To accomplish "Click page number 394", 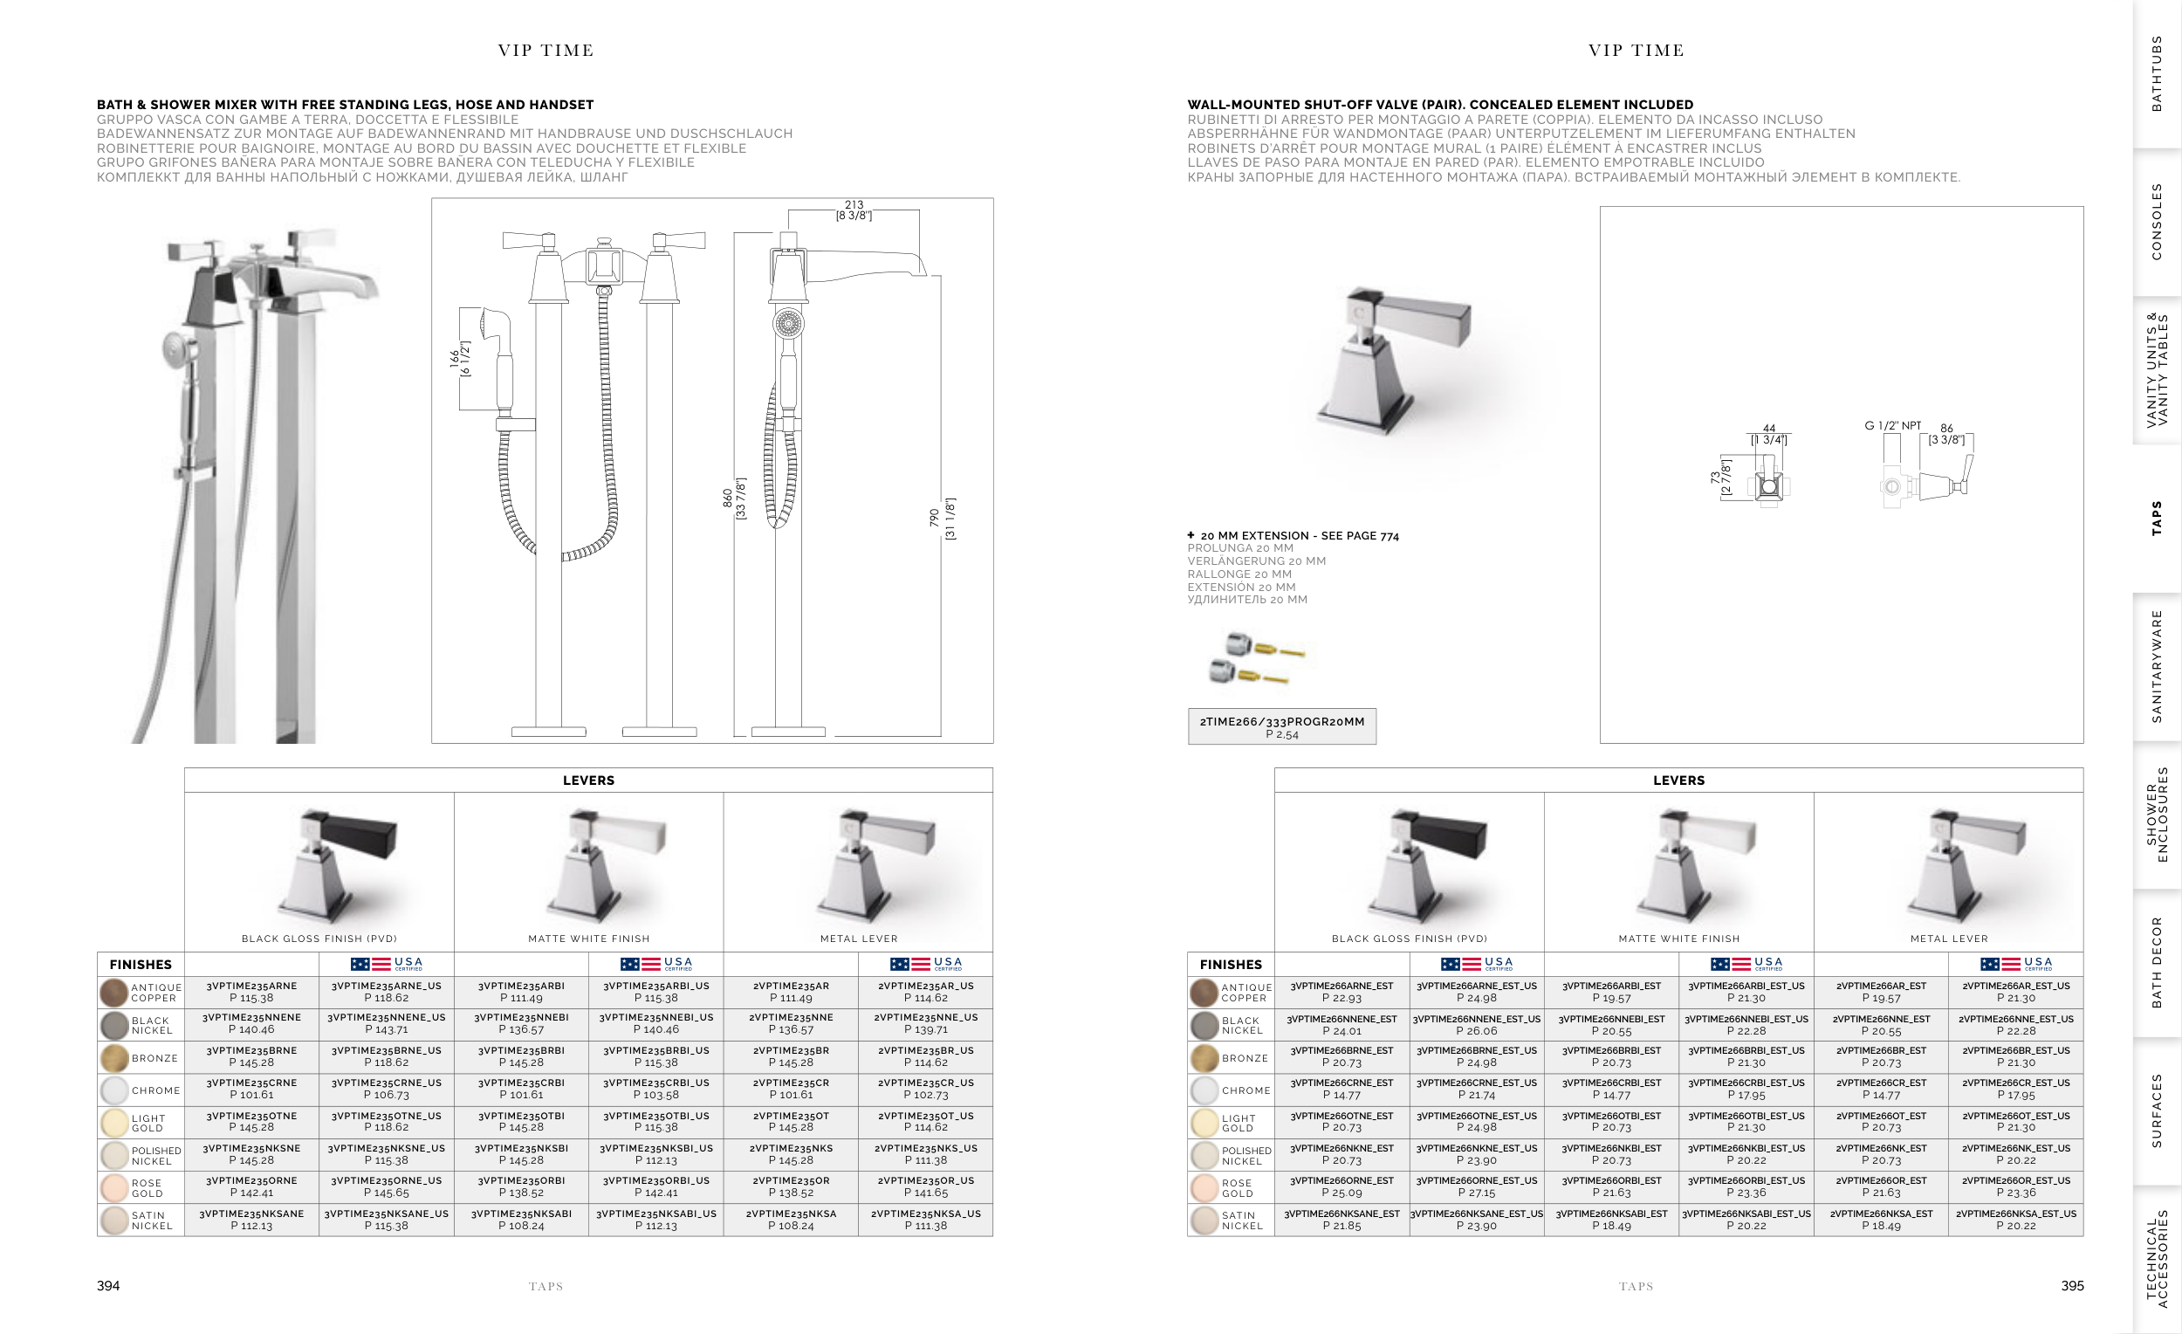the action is tap(108, 1285).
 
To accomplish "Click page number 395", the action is tap(2072, 1285).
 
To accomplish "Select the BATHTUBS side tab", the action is tap(2157, 73).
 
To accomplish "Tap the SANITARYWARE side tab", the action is tap(2157, 666).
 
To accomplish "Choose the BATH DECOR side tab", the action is tap(2157, 962).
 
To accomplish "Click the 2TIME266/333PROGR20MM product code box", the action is tap(1281, 726).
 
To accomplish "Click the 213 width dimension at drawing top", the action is tap(854, 210).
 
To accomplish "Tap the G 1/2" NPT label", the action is tap(1892, 425).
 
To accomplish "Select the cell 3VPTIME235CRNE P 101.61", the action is tap(251, 1089).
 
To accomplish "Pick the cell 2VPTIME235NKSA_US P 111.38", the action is tap(925, 1220).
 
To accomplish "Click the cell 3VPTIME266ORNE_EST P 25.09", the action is tap(1341, 1186).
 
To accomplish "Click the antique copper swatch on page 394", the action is tap(114, 992).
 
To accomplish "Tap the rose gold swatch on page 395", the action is tap(1204, 1188).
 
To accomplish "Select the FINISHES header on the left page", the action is tap(140, 964).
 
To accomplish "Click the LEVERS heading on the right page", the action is tap(1678, 780).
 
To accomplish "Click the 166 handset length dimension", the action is tap(460, 359).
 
